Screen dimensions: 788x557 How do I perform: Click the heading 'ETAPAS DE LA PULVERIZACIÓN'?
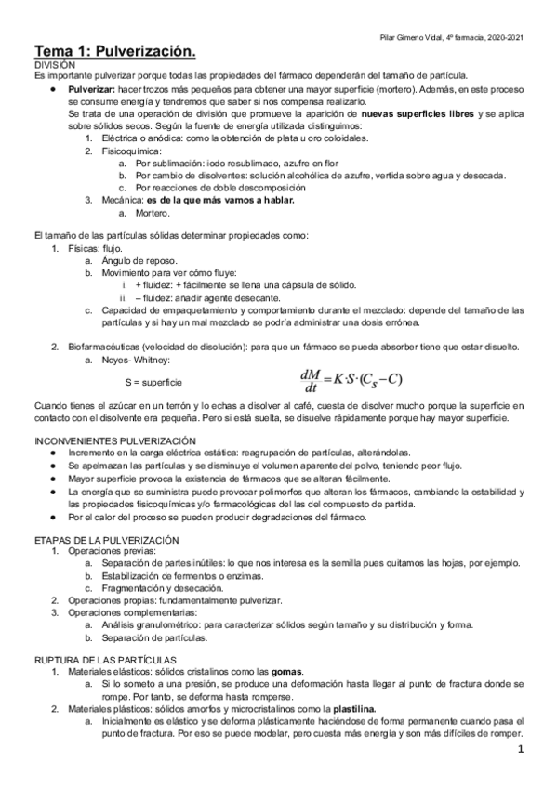point(107,540)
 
